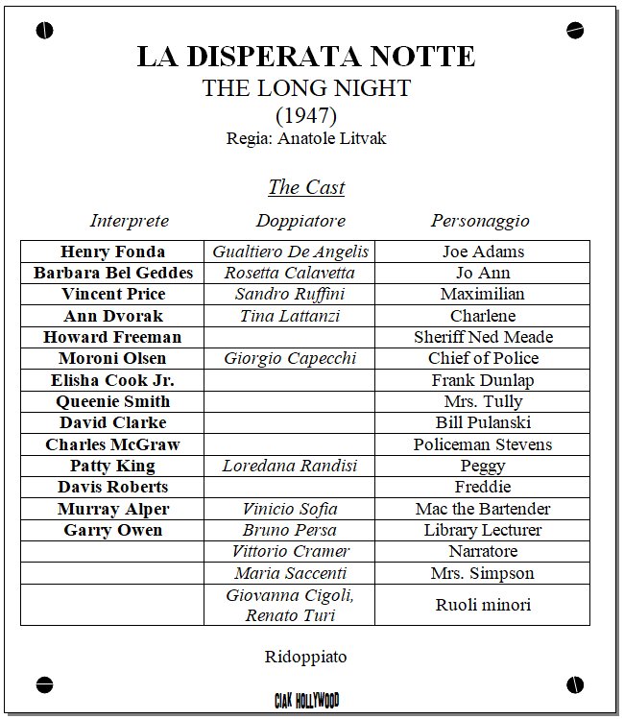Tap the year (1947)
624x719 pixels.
tap(305, 115)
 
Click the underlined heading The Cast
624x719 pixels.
tap(305, 186)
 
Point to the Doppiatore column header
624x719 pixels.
tap(300, 221)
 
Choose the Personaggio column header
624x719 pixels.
tap(480, 221)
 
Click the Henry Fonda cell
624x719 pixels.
tap(112, 252)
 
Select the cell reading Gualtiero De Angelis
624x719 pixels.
tap(291, 252)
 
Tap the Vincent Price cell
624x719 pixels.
tap(112, 294)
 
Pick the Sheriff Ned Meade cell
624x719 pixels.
tap(483, 337)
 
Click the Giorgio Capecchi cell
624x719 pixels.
tap(290, 358)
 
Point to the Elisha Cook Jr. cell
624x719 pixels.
tap(112, 380)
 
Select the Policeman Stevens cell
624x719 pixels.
tap(483, 444)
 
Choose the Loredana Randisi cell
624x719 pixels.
tap(290, 466)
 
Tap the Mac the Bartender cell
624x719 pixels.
tap(483, 509)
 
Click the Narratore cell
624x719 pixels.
tap(483, 551)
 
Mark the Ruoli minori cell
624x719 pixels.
tap(483, 605)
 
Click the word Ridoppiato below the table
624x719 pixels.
tap(305, 658)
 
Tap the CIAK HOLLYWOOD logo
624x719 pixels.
tap(305, 701)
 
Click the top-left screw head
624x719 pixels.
tap(44, 32)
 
